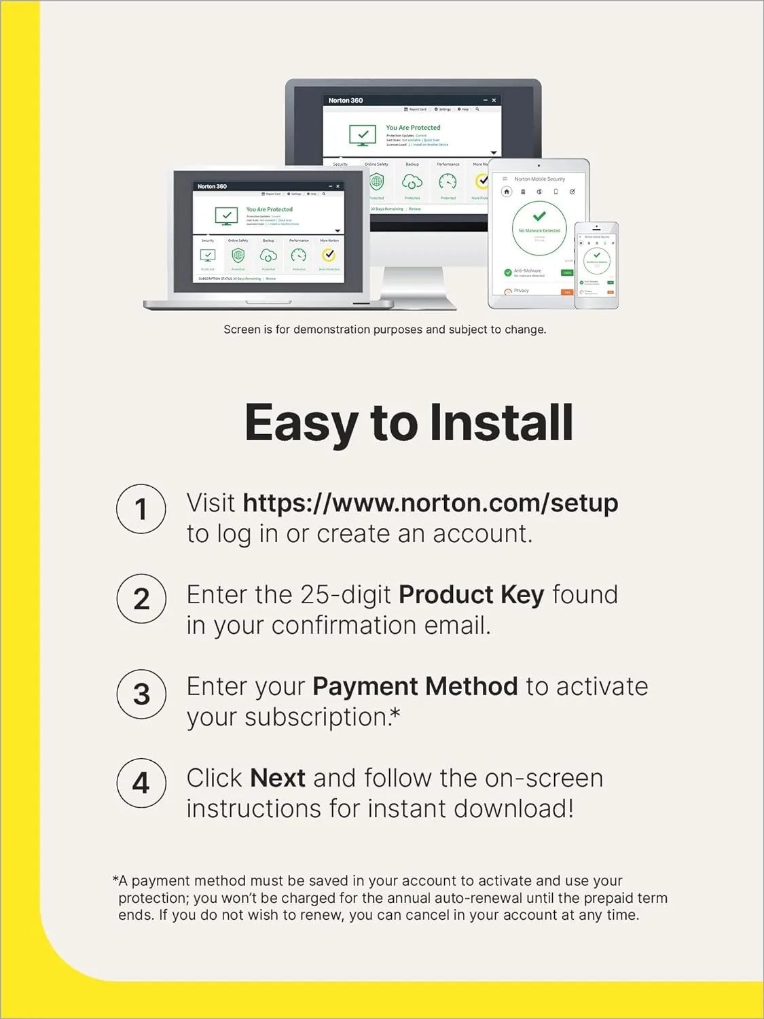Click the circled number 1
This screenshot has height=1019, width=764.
[141, 509]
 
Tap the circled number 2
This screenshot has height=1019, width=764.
[141, 599]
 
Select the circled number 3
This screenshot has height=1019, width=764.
[141, 694]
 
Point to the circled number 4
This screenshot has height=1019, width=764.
[141, 783]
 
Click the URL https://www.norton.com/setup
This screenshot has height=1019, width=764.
[430, 503]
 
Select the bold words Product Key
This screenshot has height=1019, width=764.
[471, 595]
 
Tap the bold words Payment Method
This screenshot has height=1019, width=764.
[415, 687]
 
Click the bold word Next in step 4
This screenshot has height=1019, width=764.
[278, 779]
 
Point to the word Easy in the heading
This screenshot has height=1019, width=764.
[301, 423]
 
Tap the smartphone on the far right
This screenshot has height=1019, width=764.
[596, 265]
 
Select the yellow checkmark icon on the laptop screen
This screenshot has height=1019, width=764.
[329, 255]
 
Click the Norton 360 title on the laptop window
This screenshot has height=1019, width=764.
[212, 186]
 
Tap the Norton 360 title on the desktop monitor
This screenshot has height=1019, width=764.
[346, 101]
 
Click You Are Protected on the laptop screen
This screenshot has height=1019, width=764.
[269, 209]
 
